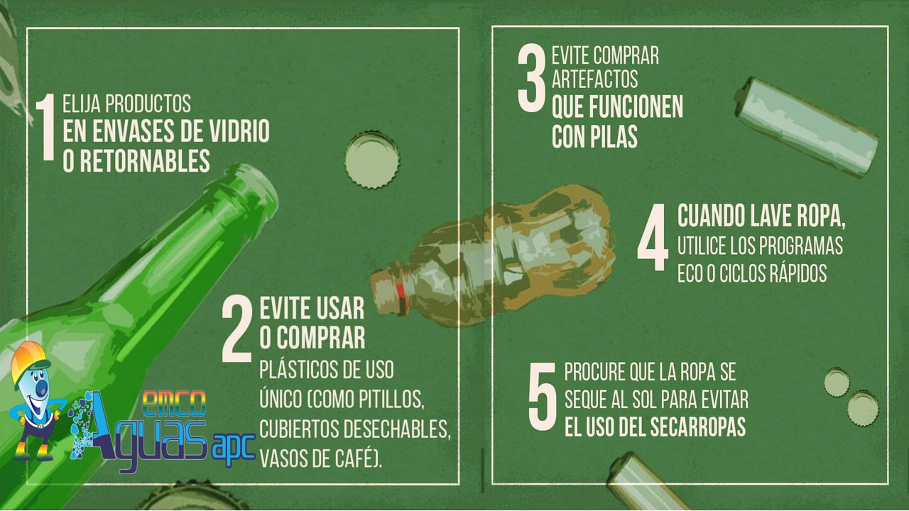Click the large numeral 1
[x=45, y=127]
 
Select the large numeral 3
[x=532, y=77]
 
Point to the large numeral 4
[x=653, y=237]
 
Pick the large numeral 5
[x=542, y=396]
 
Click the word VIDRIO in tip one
[x=239, y=131]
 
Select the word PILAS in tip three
[x=614, y=136]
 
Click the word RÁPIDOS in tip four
[x=795, y=273]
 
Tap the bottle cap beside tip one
[x=372, y=160]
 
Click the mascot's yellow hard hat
[x=29, y=362]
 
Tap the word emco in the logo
[x=175, y=404]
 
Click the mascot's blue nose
[x=42, y=388]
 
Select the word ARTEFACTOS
[x=594, y=79]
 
